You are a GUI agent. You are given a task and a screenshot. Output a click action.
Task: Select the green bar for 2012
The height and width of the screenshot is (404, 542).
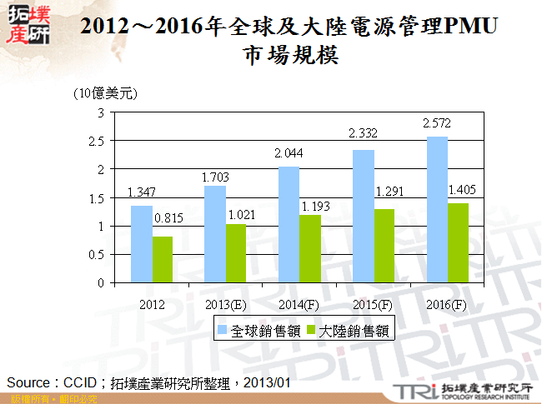(x=163, y=259)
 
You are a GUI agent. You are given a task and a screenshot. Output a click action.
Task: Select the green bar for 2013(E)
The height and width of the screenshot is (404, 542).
(x=237, y=253)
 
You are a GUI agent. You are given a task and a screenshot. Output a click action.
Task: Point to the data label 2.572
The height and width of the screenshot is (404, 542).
(x=438, y=123)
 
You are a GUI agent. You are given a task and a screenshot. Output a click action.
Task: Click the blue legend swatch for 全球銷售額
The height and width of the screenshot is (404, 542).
(x=223, y=331)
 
